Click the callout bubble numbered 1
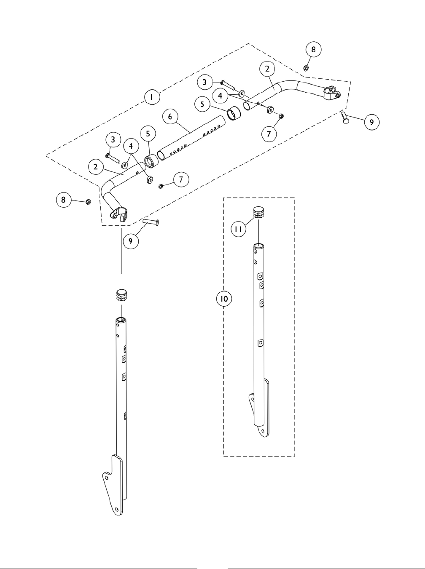pyautogui.click(x=151, y=97)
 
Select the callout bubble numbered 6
pyautogui.click(x=170, y=116)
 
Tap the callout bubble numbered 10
pyautogui.click(x=223, y=299)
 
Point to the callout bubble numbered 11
pyautogui.click(x=239, y=229)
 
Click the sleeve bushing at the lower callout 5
pyautogui.click(x=151, y=161)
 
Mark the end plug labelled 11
pyautogui.click(x=258, y=211)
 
